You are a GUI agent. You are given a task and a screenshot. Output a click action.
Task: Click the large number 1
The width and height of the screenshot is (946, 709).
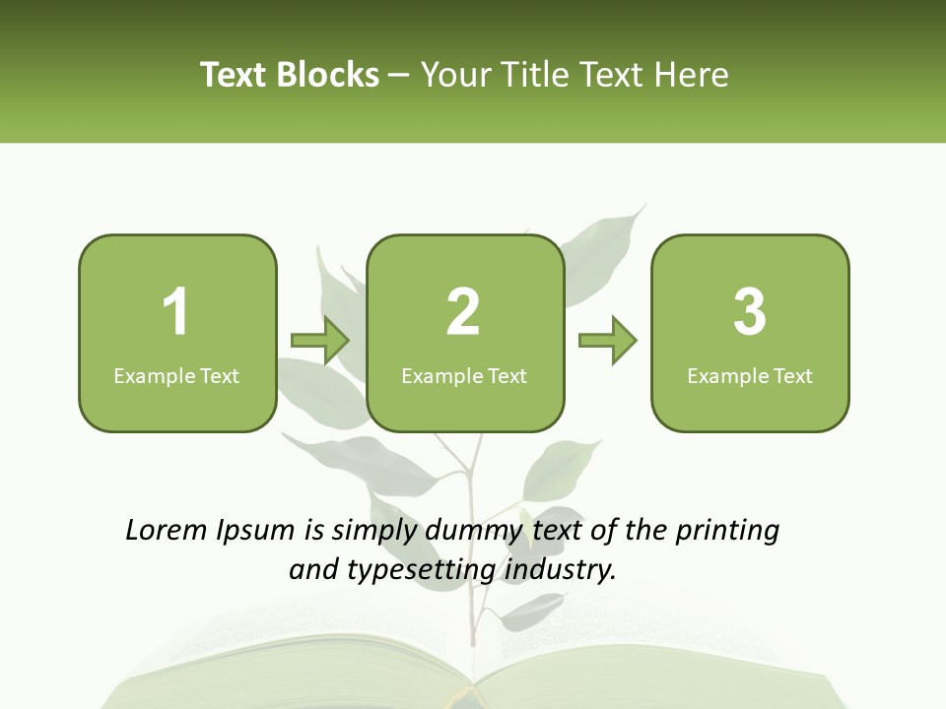(x=176, y=312)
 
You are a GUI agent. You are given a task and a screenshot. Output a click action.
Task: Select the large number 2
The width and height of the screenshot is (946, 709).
(x=463, y=312)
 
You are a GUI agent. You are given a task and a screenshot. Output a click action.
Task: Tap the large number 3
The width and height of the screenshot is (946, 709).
(x=750, y=312)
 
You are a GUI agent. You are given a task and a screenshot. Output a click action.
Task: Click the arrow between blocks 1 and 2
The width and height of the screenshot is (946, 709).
(x=320, y=341)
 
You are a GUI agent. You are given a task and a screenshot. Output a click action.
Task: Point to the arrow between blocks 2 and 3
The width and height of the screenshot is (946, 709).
(x=608, y=341)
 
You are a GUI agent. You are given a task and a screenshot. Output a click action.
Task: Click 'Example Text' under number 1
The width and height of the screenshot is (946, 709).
(x=176, y=376)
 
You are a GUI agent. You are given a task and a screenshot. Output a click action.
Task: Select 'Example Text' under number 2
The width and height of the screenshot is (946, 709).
(x=464, y=376)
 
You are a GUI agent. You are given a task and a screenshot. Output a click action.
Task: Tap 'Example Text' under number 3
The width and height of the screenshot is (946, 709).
(x=750, y=376)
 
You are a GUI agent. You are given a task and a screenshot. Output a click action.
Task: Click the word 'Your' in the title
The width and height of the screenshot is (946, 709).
(x=456, y=75)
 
